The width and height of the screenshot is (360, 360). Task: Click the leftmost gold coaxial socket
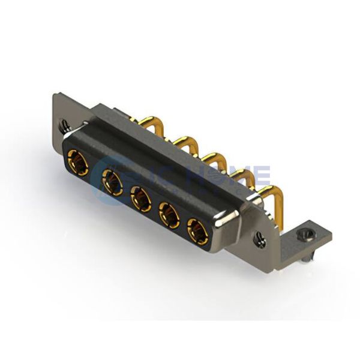pos(79,163)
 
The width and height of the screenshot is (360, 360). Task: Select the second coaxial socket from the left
pos(112,182)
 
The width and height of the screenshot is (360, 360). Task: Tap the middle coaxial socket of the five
pos(141,199)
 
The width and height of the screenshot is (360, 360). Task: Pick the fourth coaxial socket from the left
pos(169,215)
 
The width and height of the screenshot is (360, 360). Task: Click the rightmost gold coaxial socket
pos(197,230)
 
